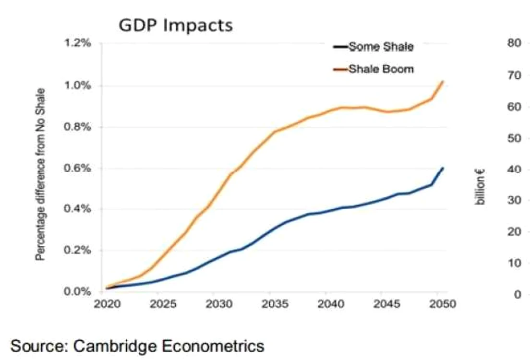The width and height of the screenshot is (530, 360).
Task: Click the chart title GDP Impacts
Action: click(x=176, y=25)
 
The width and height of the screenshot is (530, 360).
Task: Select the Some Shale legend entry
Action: click(x=373, y=46)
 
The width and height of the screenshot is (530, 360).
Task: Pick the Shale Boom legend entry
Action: click(x=373, y=69)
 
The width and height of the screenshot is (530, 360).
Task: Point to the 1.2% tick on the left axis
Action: click(x=77, y=43)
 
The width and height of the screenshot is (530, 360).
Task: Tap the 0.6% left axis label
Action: click(x=77, y=168)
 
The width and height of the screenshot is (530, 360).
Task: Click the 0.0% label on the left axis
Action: click(x=77, y=291)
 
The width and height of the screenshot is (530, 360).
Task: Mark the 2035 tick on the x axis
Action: click(x=275, y=304)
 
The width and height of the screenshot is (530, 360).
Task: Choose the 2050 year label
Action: click(x=443, y=304)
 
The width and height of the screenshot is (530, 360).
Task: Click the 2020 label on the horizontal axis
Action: click(x=107, y=304)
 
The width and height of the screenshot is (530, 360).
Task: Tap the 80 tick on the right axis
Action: click(x=514, y=43)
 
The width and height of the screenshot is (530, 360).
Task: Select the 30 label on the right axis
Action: click(x=514, y=200)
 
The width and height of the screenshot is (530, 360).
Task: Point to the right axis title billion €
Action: click(x=480, y=187)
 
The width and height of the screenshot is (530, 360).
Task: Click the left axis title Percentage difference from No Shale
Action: click(x=40, y=174)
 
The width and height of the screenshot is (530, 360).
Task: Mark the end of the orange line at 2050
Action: click(x=443, y=81)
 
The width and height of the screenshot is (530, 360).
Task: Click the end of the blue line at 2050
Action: click(x=443, y=168)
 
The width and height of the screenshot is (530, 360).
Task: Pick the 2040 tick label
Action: click(x=331, y=304)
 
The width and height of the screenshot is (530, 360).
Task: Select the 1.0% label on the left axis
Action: click(x=77, y=85)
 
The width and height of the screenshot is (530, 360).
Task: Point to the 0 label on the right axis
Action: click(x=518, y=295)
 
